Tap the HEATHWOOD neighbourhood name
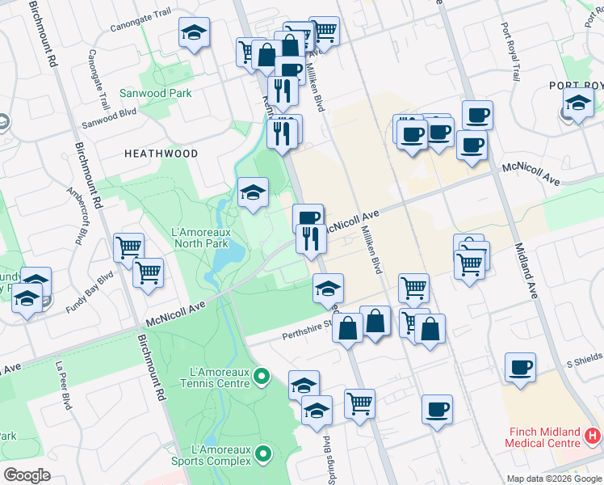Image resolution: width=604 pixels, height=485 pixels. [161, 153]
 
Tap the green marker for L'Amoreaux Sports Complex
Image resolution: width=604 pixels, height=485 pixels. [262, 455]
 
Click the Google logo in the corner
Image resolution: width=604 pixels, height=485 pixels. [27, 474]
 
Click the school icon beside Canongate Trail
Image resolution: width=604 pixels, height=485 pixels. [193, 33]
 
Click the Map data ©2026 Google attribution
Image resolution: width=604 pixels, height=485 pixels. [553, 479]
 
